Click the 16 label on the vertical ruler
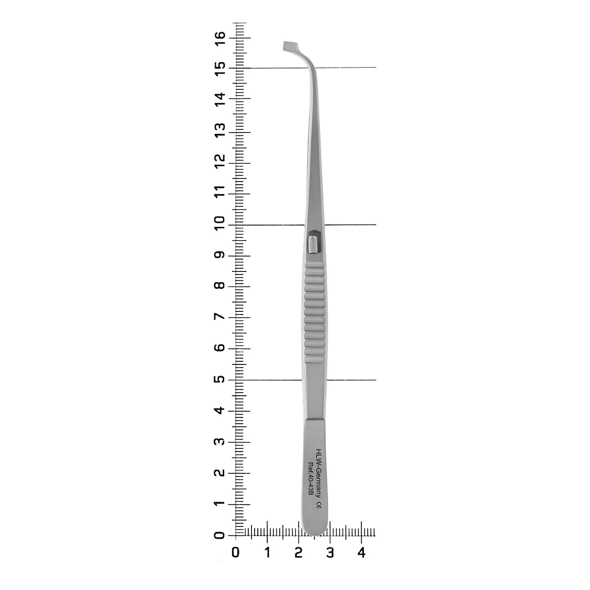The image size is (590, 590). click(220, 38)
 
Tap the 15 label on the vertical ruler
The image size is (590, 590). click(220, 69)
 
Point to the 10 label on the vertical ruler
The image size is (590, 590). click(220, 223)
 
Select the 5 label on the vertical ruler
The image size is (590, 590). click(220, 379)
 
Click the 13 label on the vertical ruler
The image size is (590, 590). click(220, 130)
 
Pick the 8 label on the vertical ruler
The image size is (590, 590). click(220, 285)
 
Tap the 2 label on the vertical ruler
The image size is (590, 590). click(220, 472)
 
